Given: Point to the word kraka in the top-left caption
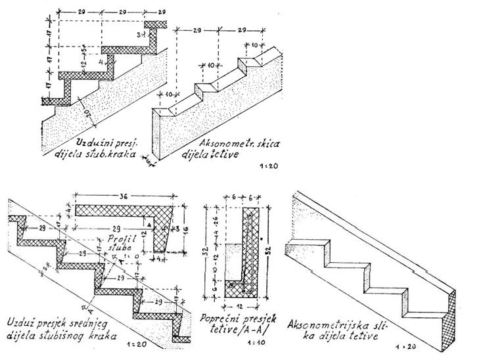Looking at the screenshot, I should point(122,156).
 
